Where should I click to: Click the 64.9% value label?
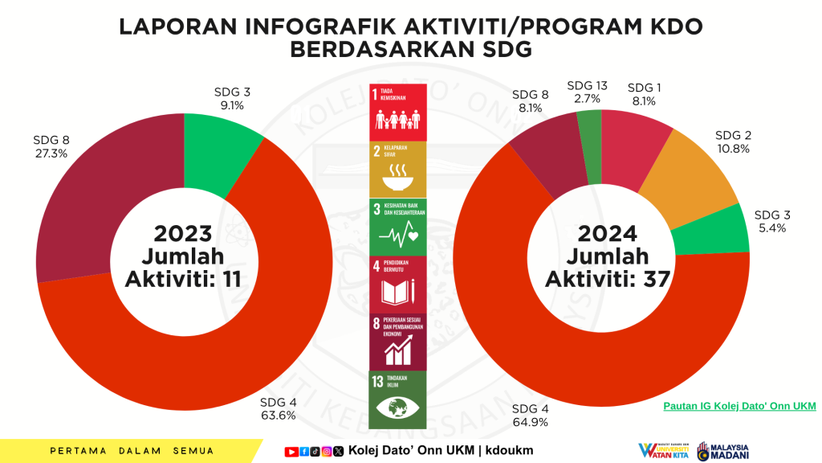pos(530,421)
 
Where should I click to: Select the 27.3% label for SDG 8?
pos(50,153)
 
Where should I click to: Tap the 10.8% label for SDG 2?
pos(733,148)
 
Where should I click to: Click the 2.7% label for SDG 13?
pos(587,98)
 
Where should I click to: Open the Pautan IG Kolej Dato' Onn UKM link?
pos(739,406)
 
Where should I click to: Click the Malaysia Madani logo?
pos(724,451)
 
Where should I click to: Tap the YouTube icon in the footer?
pos(291,451)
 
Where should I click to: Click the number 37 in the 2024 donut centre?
pos(657,278)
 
